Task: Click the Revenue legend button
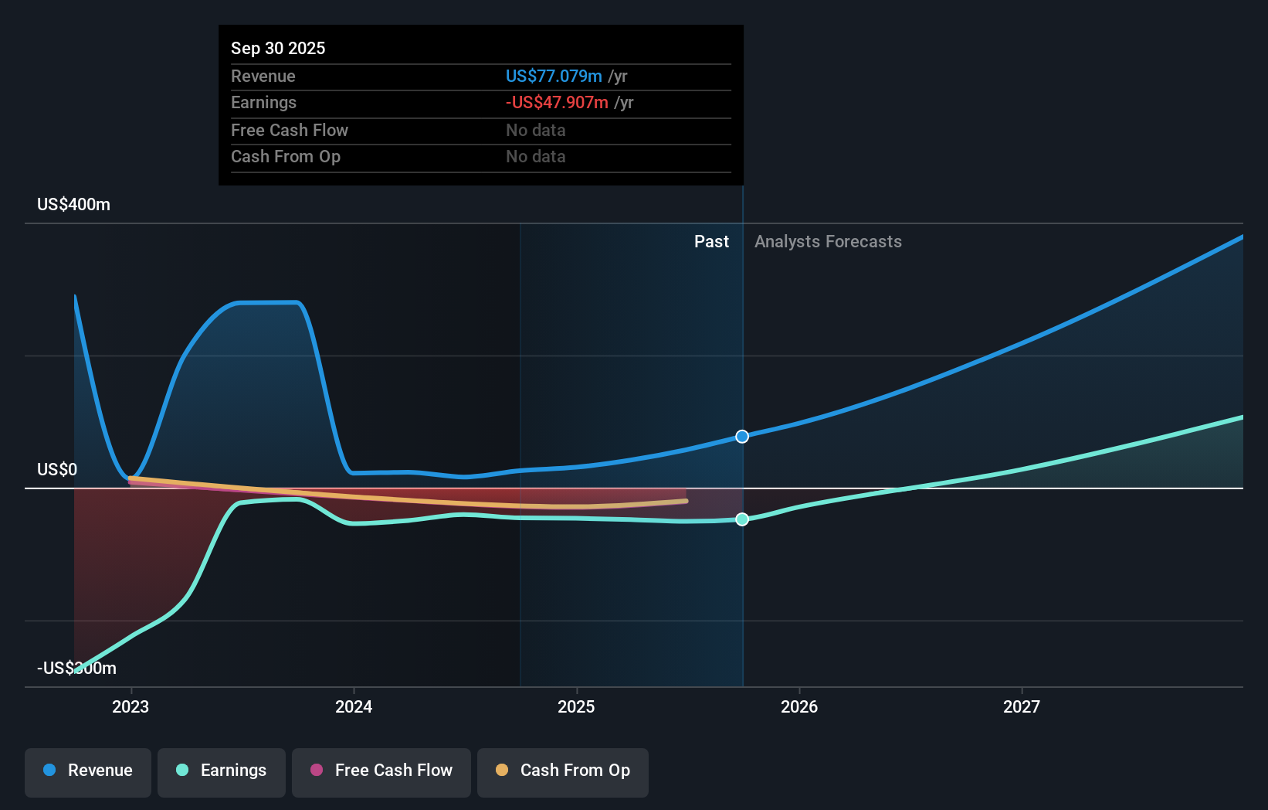(88, 771)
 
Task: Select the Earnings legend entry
(222, 771)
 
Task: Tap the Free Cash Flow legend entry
(381, 771)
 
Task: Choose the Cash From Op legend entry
(563, 771)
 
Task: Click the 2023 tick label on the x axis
(131, 706)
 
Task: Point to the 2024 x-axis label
(354, 706)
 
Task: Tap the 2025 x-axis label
(576, 706)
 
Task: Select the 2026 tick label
(799, 706)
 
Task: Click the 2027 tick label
(1022, 706)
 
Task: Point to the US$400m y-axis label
(73, 205)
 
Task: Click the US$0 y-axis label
(57, 470)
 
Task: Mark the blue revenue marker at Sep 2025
(742, 437)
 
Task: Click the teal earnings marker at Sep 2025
(742, 519)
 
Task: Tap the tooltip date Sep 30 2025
(278, 48)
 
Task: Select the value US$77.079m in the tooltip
(554, 76)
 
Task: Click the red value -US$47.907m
(557, 103)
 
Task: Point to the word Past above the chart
(711, 242)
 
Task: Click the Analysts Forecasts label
(828, 242)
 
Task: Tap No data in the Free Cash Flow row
(536, 130)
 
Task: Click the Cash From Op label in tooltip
(286, 157)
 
